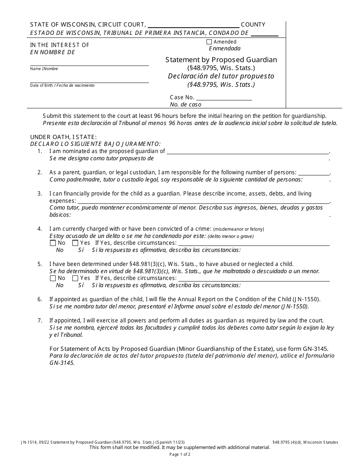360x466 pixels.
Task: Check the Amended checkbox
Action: [x=209, y=42]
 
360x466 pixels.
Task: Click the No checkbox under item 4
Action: [x=53, y=243]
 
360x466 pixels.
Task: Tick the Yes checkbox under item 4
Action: [x=75, y=243]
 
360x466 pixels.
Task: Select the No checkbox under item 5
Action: [x=53, y=278]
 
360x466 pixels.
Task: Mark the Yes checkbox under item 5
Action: [x=75, y=278]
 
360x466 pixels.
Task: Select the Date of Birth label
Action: [x=42, y=86]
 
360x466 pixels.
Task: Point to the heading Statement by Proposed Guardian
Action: [x=221, y=60]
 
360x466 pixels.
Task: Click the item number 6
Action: [x=39, y=299]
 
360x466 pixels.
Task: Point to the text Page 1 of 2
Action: [x=180, y=454]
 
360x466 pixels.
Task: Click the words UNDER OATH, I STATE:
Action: [x=63, y=137]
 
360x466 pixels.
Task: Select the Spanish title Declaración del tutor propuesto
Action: [x=221, y=76]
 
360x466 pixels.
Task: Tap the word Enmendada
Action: [x=225, y=48]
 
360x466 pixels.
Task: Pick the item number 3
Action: [x=39, y=194]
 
